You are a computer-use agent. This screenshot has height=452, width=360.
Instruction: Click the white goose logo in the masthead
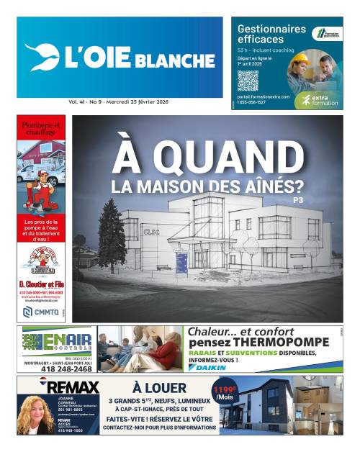pyautogui.click(x=42, y=57)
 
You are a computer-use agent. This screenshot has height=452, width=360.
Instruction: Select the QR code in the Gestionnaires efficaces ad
pyautogui.click(x=248, y=80)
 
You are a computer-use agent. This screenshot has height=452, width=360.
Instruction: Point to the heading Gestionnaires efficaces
pyautogui.click(x=271, y=34)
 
